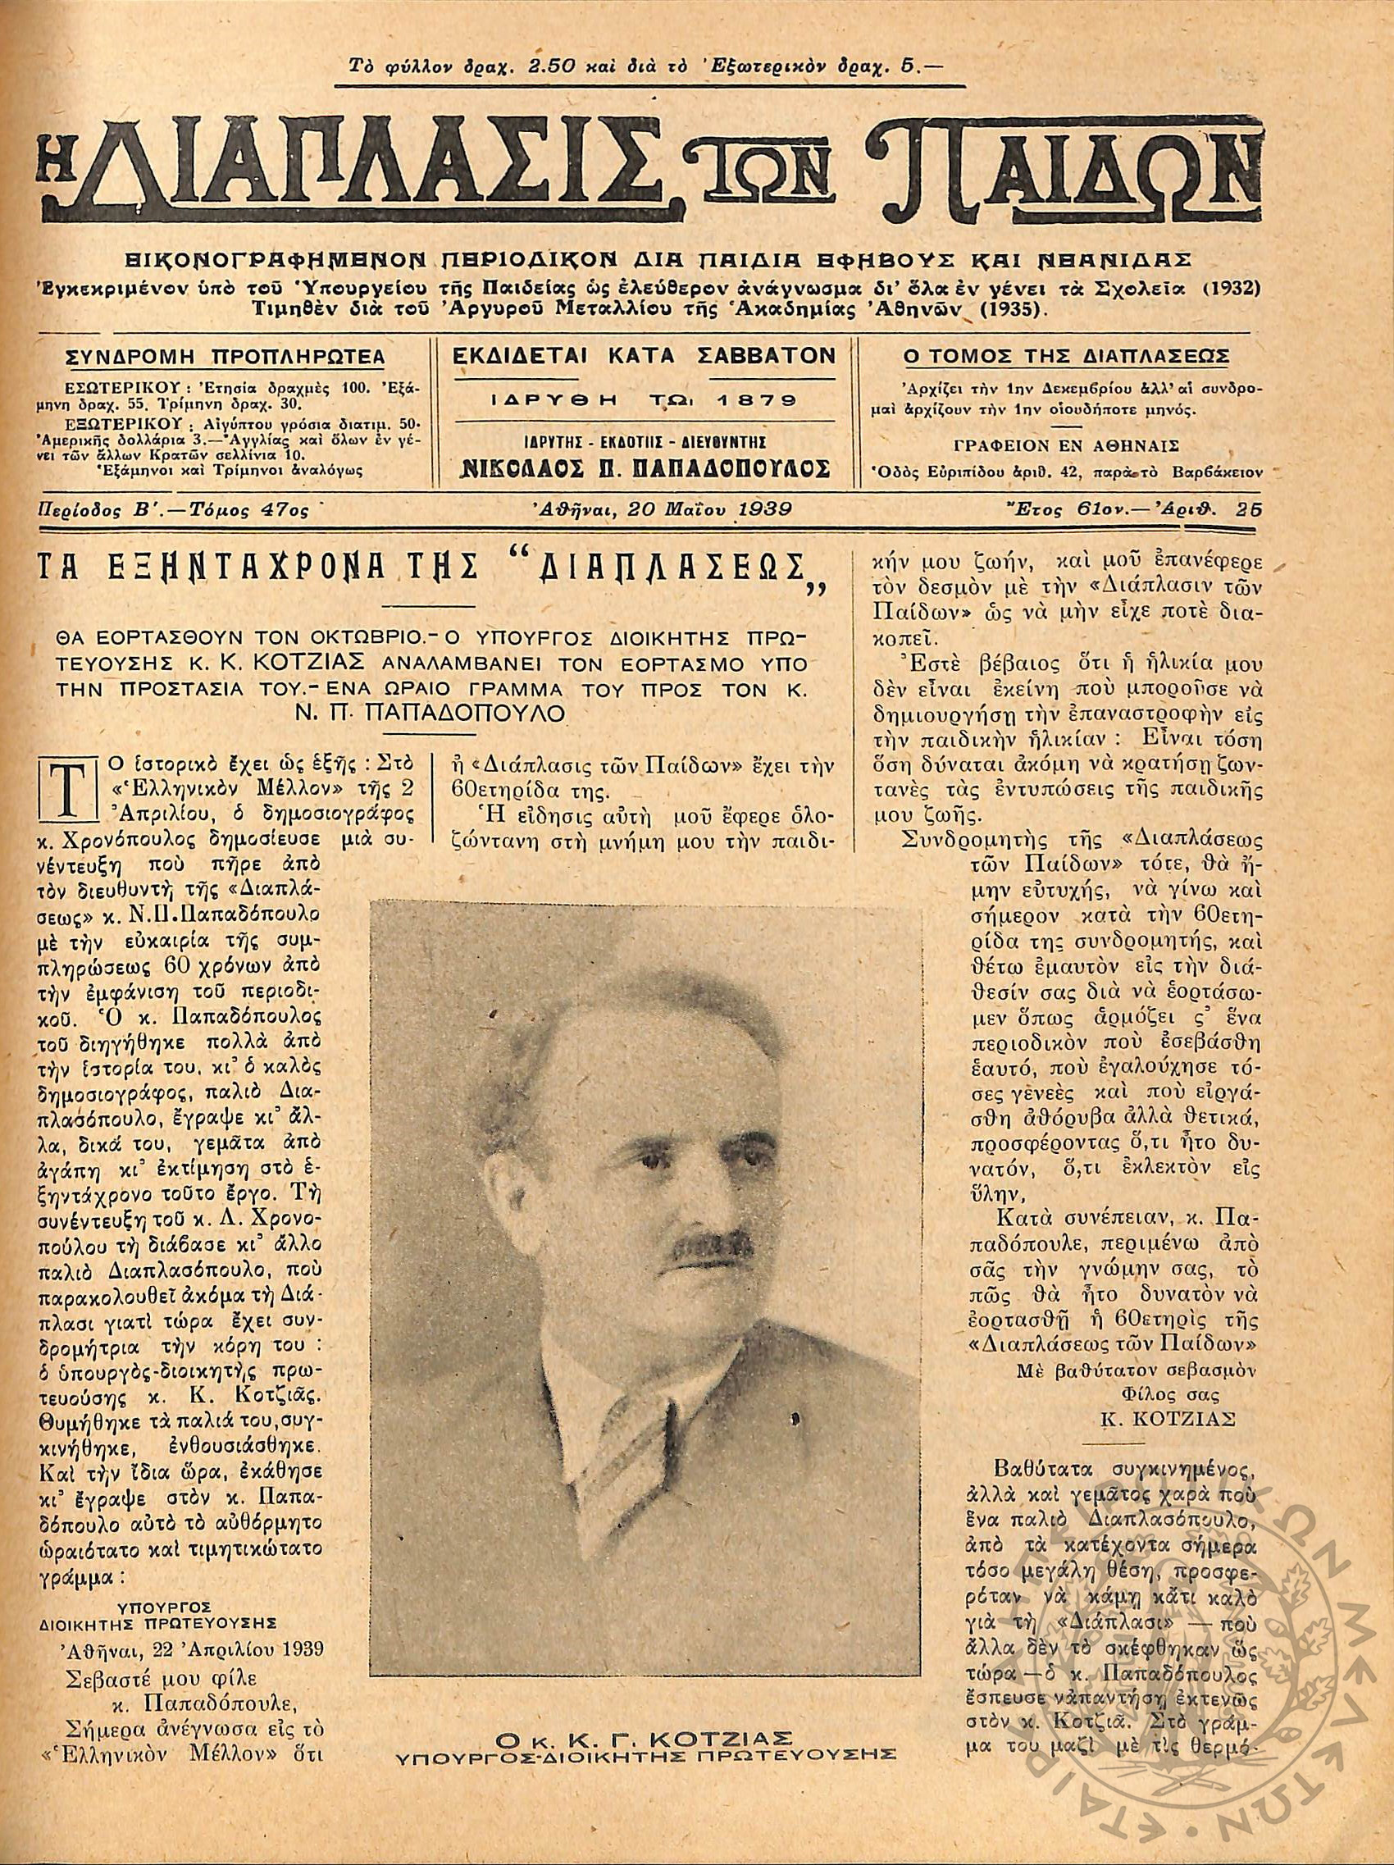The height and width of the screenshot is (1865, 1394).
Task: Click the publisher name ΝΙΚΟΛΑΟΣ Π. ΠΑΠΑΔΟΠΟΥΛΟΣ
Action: (x=644, y=468)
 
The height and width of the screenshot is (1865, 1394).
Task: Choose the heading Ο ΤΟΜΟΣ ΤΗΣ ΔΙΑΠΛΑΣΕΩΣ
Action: (x=1065, y=357)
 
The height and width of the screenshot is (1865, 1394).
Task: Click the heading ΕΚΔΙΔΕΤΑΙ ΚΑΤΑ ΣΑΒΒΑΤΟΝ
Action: (x=644, y=356)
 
